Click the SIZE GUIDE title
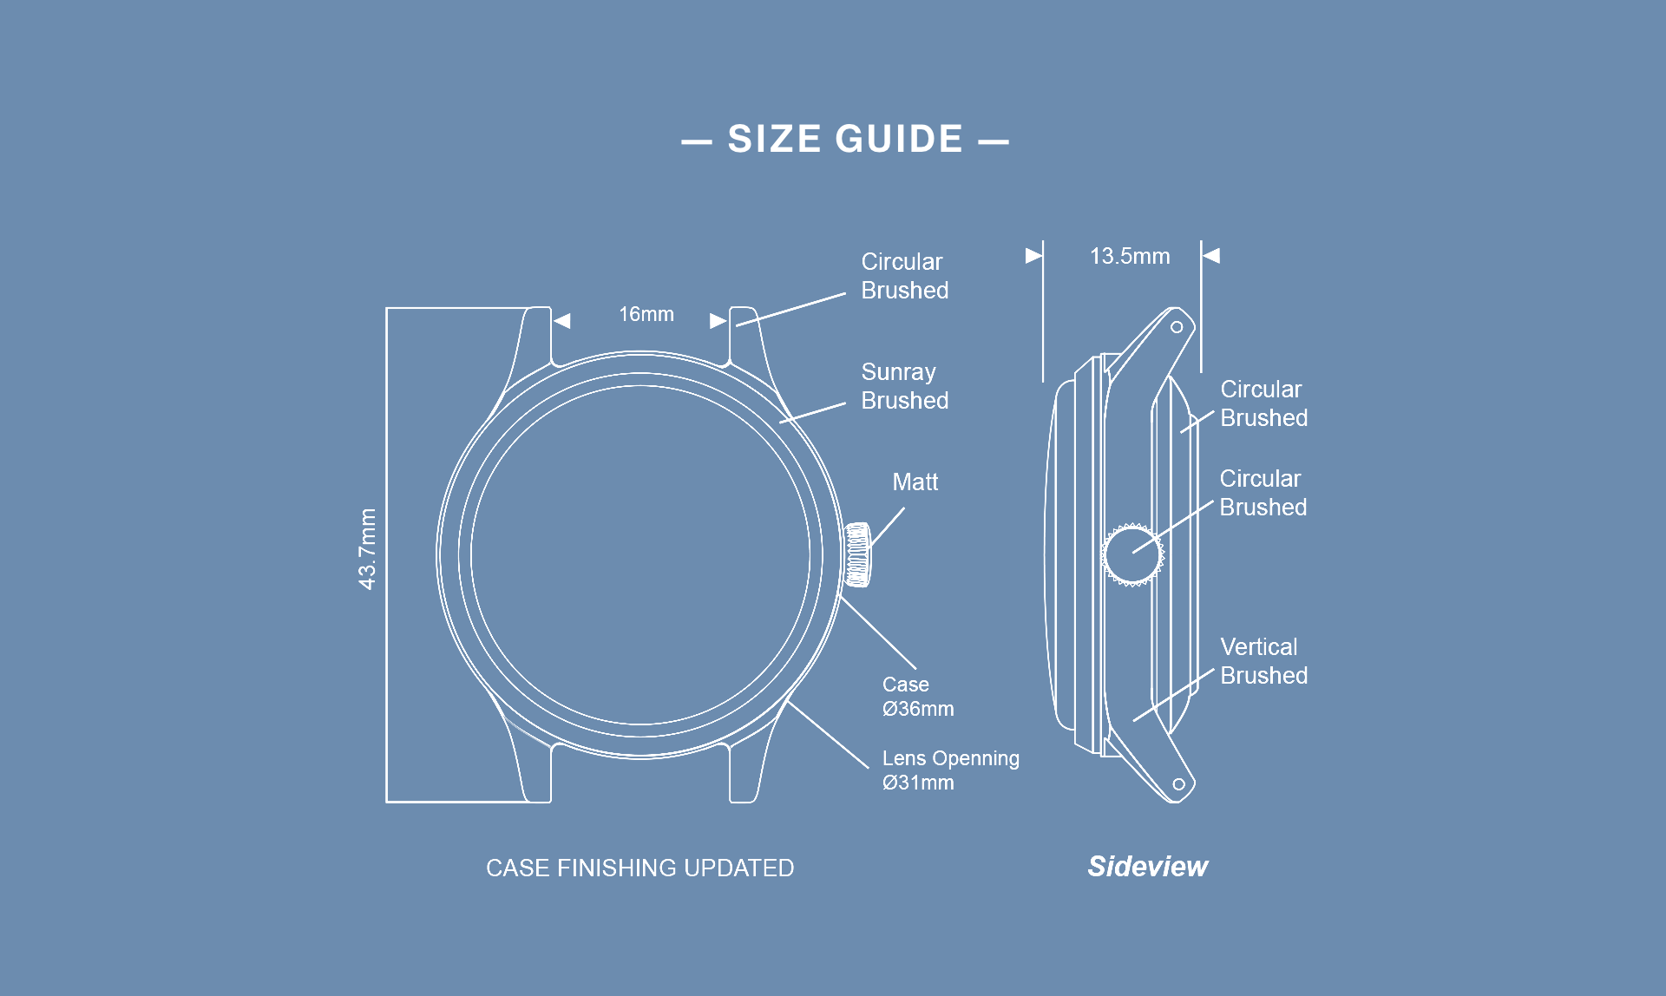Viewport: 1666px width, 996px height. coord(845,140)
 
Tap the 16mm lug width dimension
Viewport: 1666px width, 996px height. coord(646,314)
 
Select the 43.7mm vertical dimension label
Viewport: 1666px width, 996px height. coord(368,549)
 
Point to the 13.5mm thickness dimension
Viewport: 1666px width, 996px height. coord(1129,256)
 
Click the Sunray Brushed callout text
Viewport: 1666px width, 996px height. coord(904,386)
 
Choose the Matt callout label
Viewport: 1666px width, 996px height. coord(915,482)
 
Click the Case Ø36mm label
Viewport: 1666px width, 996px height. coord(917,697)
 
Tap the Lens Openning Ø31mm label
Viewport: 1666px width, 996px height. coord(950,770)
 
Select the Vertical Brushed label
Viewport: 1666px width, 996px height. coord(1263,661)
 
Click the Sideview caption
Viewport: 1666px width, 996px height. coord(1147,866)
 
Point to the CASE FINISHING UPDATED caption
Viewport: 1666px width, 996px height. coord(640,868)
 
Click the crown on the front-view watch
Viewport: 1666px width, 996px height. coord(858,554)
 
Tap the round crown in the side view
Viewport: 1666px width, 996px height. coord(1131,554)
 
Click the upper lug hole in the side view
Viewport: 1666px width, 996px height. coord(1177,327)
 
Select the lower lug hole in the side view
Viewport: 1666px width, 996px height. coord(1178,784)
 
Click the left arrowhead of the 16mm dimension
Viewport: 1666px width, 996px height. coord(562,321)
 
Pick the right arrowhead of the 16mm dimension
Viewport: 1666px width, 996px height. coord(718,321)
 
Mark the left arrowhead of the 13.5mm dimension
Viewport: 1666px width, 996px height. coord(1033,255)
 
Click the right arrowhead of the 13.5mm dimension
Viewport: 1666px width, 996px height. coord(1211,255)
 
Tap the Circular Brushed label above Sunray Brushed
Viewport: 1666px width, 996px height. coord(904,276)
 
